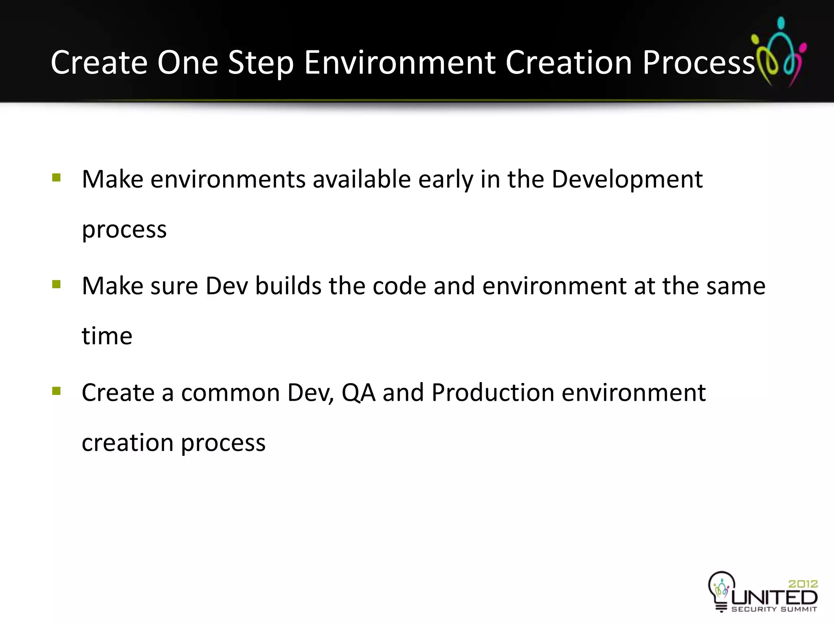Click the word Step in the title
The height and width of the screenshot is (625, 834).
[x=261, y=63]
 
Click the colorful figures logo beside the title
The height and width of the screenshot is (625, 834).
[x=779, y=52]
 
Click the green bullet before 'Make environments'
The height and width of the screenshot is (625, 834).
[x=57, y=177]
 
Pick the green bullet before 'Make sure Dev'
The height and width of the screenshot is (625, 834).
[x=57, y=284]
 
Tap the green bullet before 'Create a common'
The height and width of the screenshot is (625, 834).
[x=57, y=391]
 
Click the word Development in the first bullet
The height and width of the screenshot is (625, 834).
[x=627, y=179]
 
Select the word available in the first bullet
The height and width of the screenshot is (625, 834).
[x=362, y=179]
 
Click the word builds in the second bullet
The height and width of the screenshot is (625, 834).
[x=288, y=286]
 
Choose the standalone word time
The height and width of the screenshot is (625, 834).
[x=107, y=336]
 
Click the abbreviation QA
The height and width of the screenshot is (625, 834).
[x=358, y=393]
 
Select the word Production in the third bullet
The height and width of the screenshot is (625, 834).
[x=493, y=393]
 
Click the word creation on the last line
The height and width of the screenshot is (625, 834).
[x=127, y=443]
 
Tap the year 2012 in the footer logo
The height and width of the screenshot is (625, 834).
[x=803, y=583]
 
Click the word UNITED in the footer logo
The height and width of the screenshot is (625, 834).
[x=774, y=597]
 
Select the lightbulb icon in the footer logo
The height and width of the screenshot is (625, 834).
[x=721, y=589]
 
